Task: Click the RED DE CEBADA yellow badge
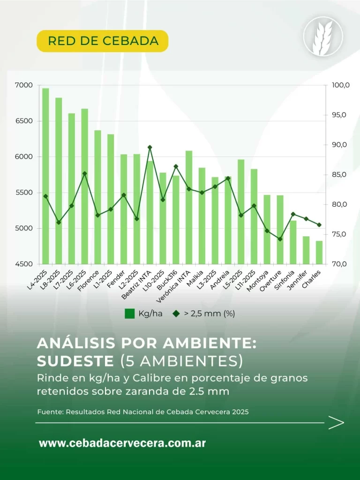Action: point(102,41)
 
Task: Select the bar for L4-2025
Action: point(45,176)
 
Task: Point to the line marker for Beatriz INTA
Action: point(150,147)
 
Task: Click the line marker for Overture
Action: point(280,239)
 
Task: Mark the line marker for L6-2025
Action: point(84,173)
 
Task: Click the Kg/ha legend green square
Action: point(130,314)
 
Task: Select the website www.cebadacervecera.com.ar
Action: point(122,443)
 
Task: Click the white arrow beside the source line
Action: point(336,422)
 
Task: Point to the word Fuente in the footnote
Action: point(50,412)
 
